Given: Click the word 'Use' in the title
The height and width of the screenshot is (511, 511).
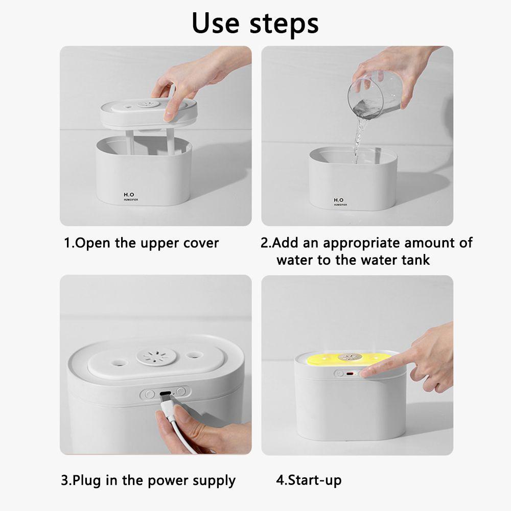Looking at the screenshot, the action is (216, 23).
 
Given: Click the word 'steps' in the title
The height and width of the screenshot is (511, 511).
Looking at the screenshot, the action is (284, 25).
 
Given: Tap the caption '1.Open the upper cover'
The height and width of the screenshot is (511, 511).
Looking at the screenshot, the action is (141, 243).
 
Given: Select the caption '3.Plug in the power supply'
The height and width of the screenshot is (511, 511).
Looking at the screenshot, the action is (148, 481).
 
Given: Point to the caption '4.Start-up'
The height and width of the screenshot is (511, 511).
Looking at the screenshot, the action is (309, 480).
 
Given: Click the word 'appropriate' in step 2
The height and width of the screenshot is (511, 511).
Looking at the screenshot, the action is (361, 243).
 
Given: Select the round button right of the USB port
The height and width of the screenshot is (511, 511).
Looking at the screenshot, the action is (181, 390).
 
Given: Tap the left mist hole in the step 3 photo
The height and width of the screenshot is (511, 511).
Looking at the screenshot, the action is (118, 362).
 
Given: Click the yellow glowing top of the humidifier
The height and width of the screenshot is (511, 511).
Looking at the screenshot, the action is (349, 359).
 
